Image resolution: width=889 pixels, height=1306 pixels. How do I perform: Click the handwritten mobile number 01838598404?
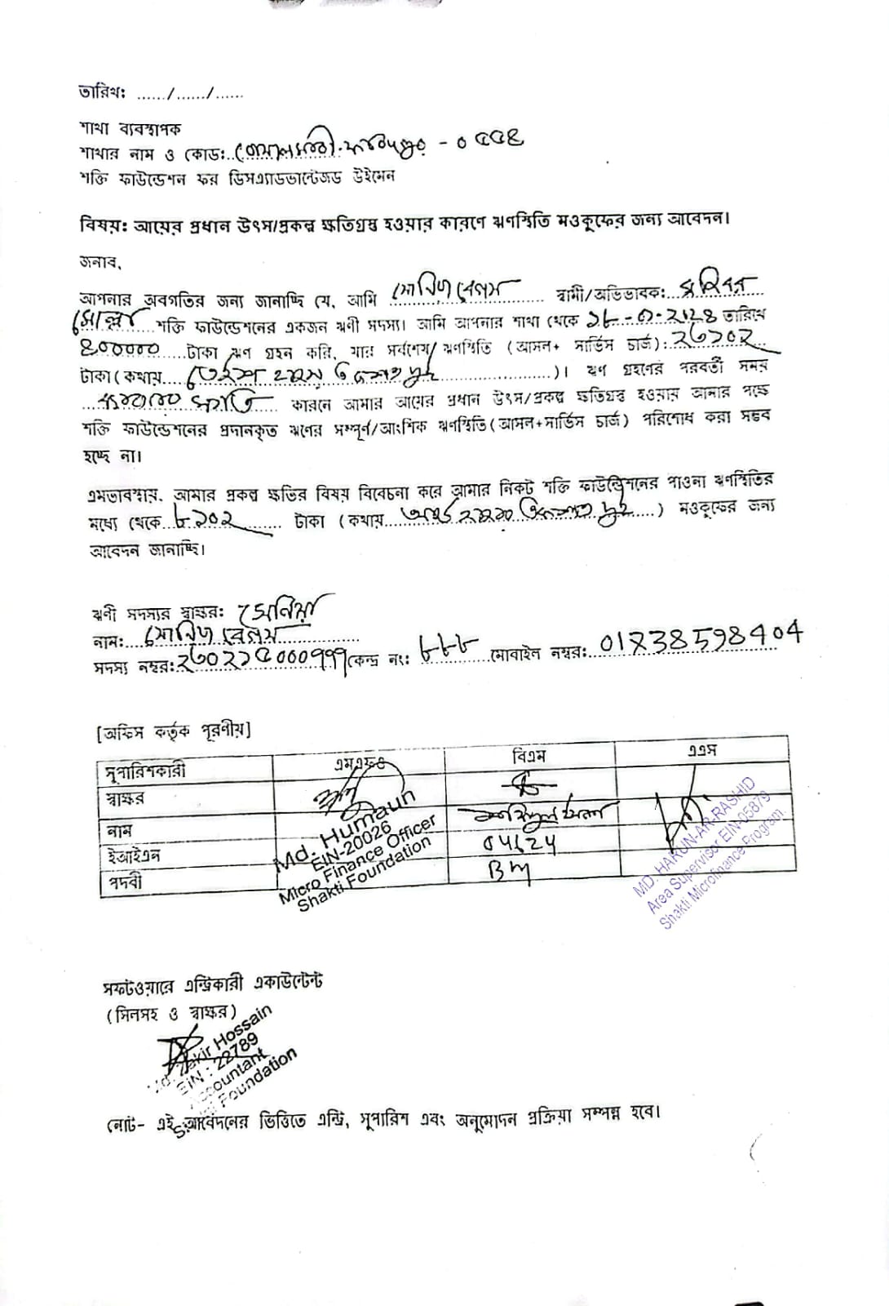(700, 637)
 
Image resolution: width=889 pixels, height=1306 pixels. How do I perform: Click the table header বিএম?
(528, 755)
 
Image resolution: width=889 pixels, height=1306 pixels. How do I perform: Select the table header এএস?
(701, 750)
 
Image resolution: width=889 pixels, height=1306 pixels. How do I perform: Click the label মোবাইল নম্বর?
(539, 655)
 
